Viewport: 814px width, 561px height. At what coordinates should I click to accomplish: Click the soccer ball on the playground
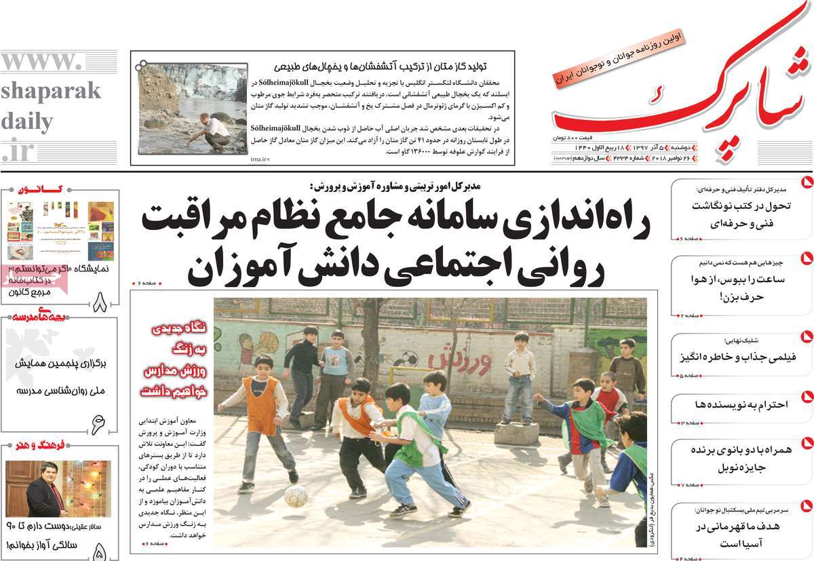click(296, 497)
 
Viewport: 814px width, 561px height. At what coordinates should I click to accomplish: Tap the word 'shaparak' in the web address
click(50, 91)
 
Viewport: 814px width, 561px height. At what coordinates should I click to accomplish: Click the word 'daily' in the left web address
click(27, 122)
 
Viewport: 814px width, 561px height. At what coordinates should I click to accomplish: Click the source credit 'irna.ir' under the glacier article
click(259, 159)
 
